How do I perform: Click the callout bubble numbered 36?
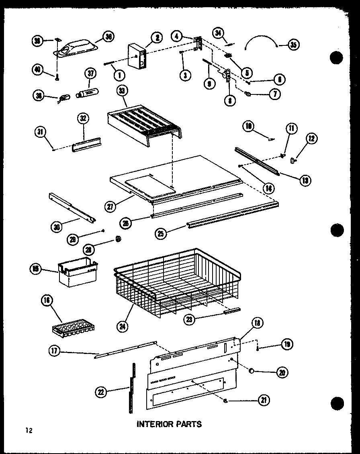pyautogui.click(x=108, y=37)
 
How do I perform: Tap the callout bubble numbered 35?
pyautogui.click(x=293, y=45)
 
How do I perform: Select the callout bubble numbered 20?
pyautogui.click(x=282, y=372)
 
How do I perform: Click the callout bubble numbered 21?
pyautogui.click(x=264, y=400)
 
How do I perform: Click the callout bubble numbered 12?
pyautogui.click(x=311, y=139)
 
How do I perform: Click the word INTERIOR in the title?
pyautogui.click(x=154, y=424)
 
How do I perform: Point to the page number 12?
pyautogui.click(x=28, y=431)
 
